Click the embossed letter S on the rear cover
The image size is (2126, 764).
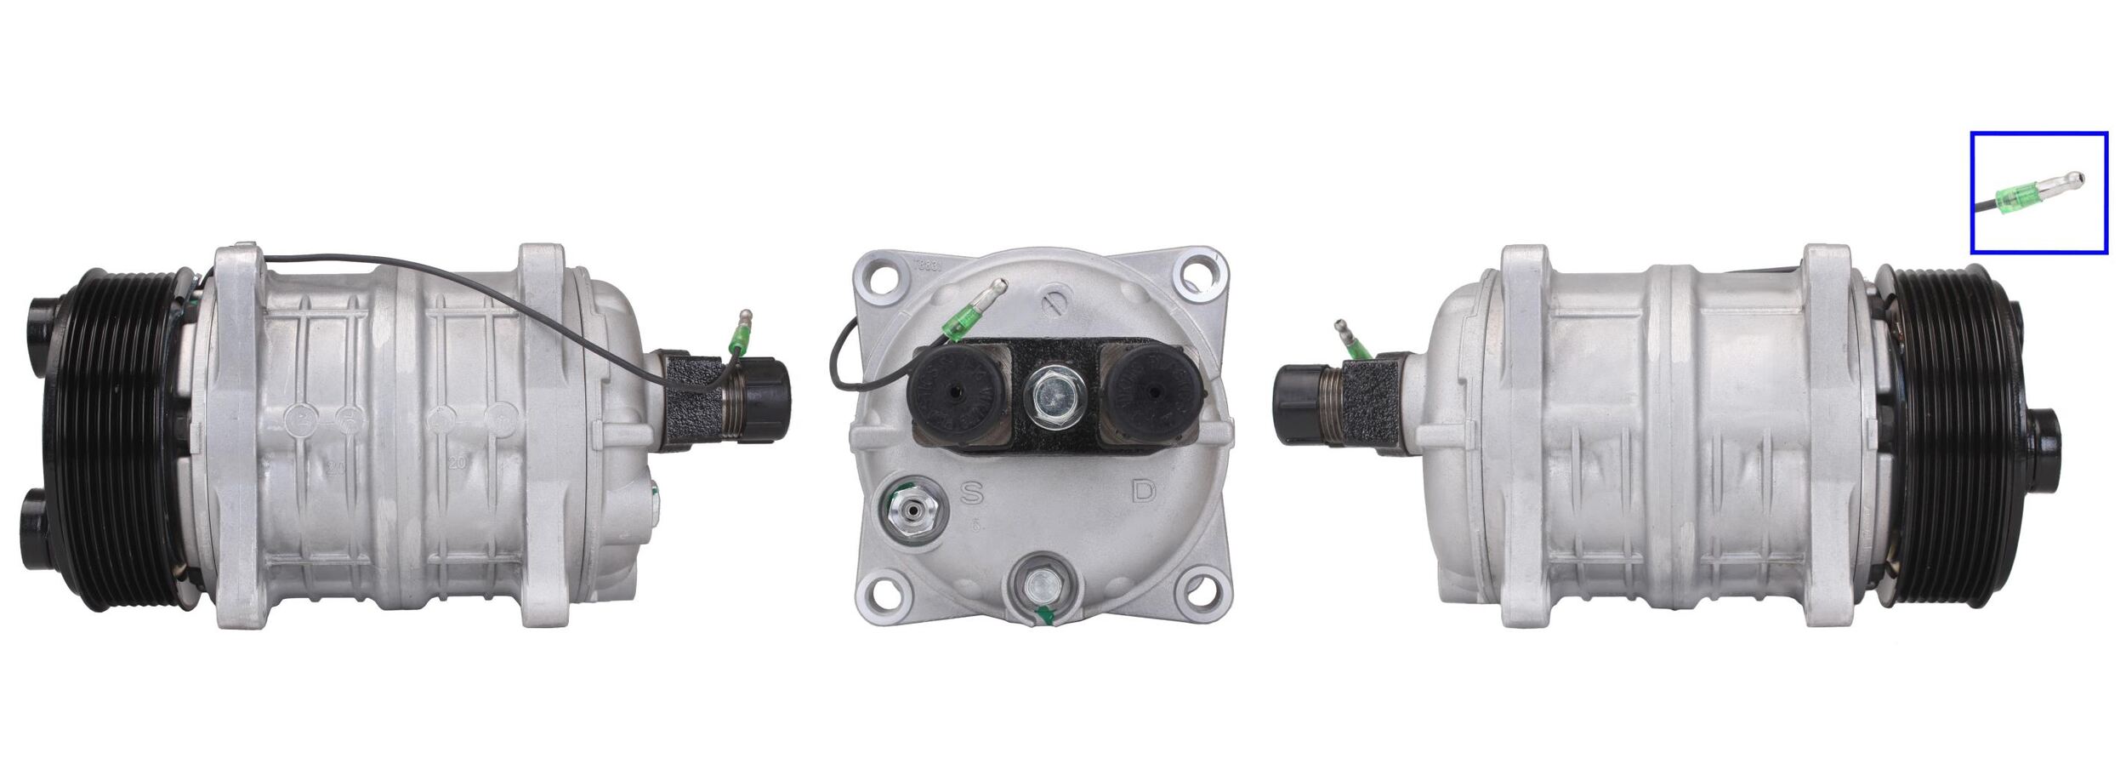point(973,493)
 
